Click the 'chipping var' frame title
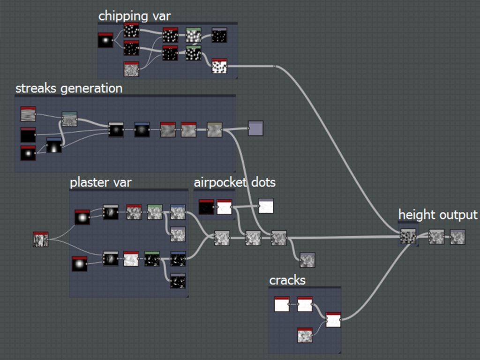click(135, 16)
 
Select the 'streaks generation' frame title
click(69, 89)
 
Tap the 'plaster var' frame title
click(101, 182)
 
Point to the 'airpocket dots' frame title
click(235, 182)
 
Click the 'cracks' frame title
click(287, 280)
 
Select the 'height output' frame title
click(438, 215)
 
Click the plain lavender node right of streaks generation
click(255, 128)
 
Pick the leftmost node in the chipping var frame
click(105, 40)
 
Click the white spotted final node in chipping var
click(219, 66)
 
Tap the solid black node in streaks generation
click(28, 135)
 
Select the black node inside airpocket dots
click(206, 207)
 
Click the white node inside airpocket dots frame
click(225, 207)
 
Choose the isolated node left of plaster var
click(41, 240)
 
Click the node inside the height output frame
click(408, 237)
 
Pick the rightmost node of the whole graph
click(457, 237)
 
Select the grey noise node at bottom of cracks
click(305, 335)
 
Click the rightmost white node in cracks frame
click(333, 320)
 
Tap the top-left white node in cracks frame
click(282, 304)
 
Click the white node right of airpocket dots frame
click(266, 206)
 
